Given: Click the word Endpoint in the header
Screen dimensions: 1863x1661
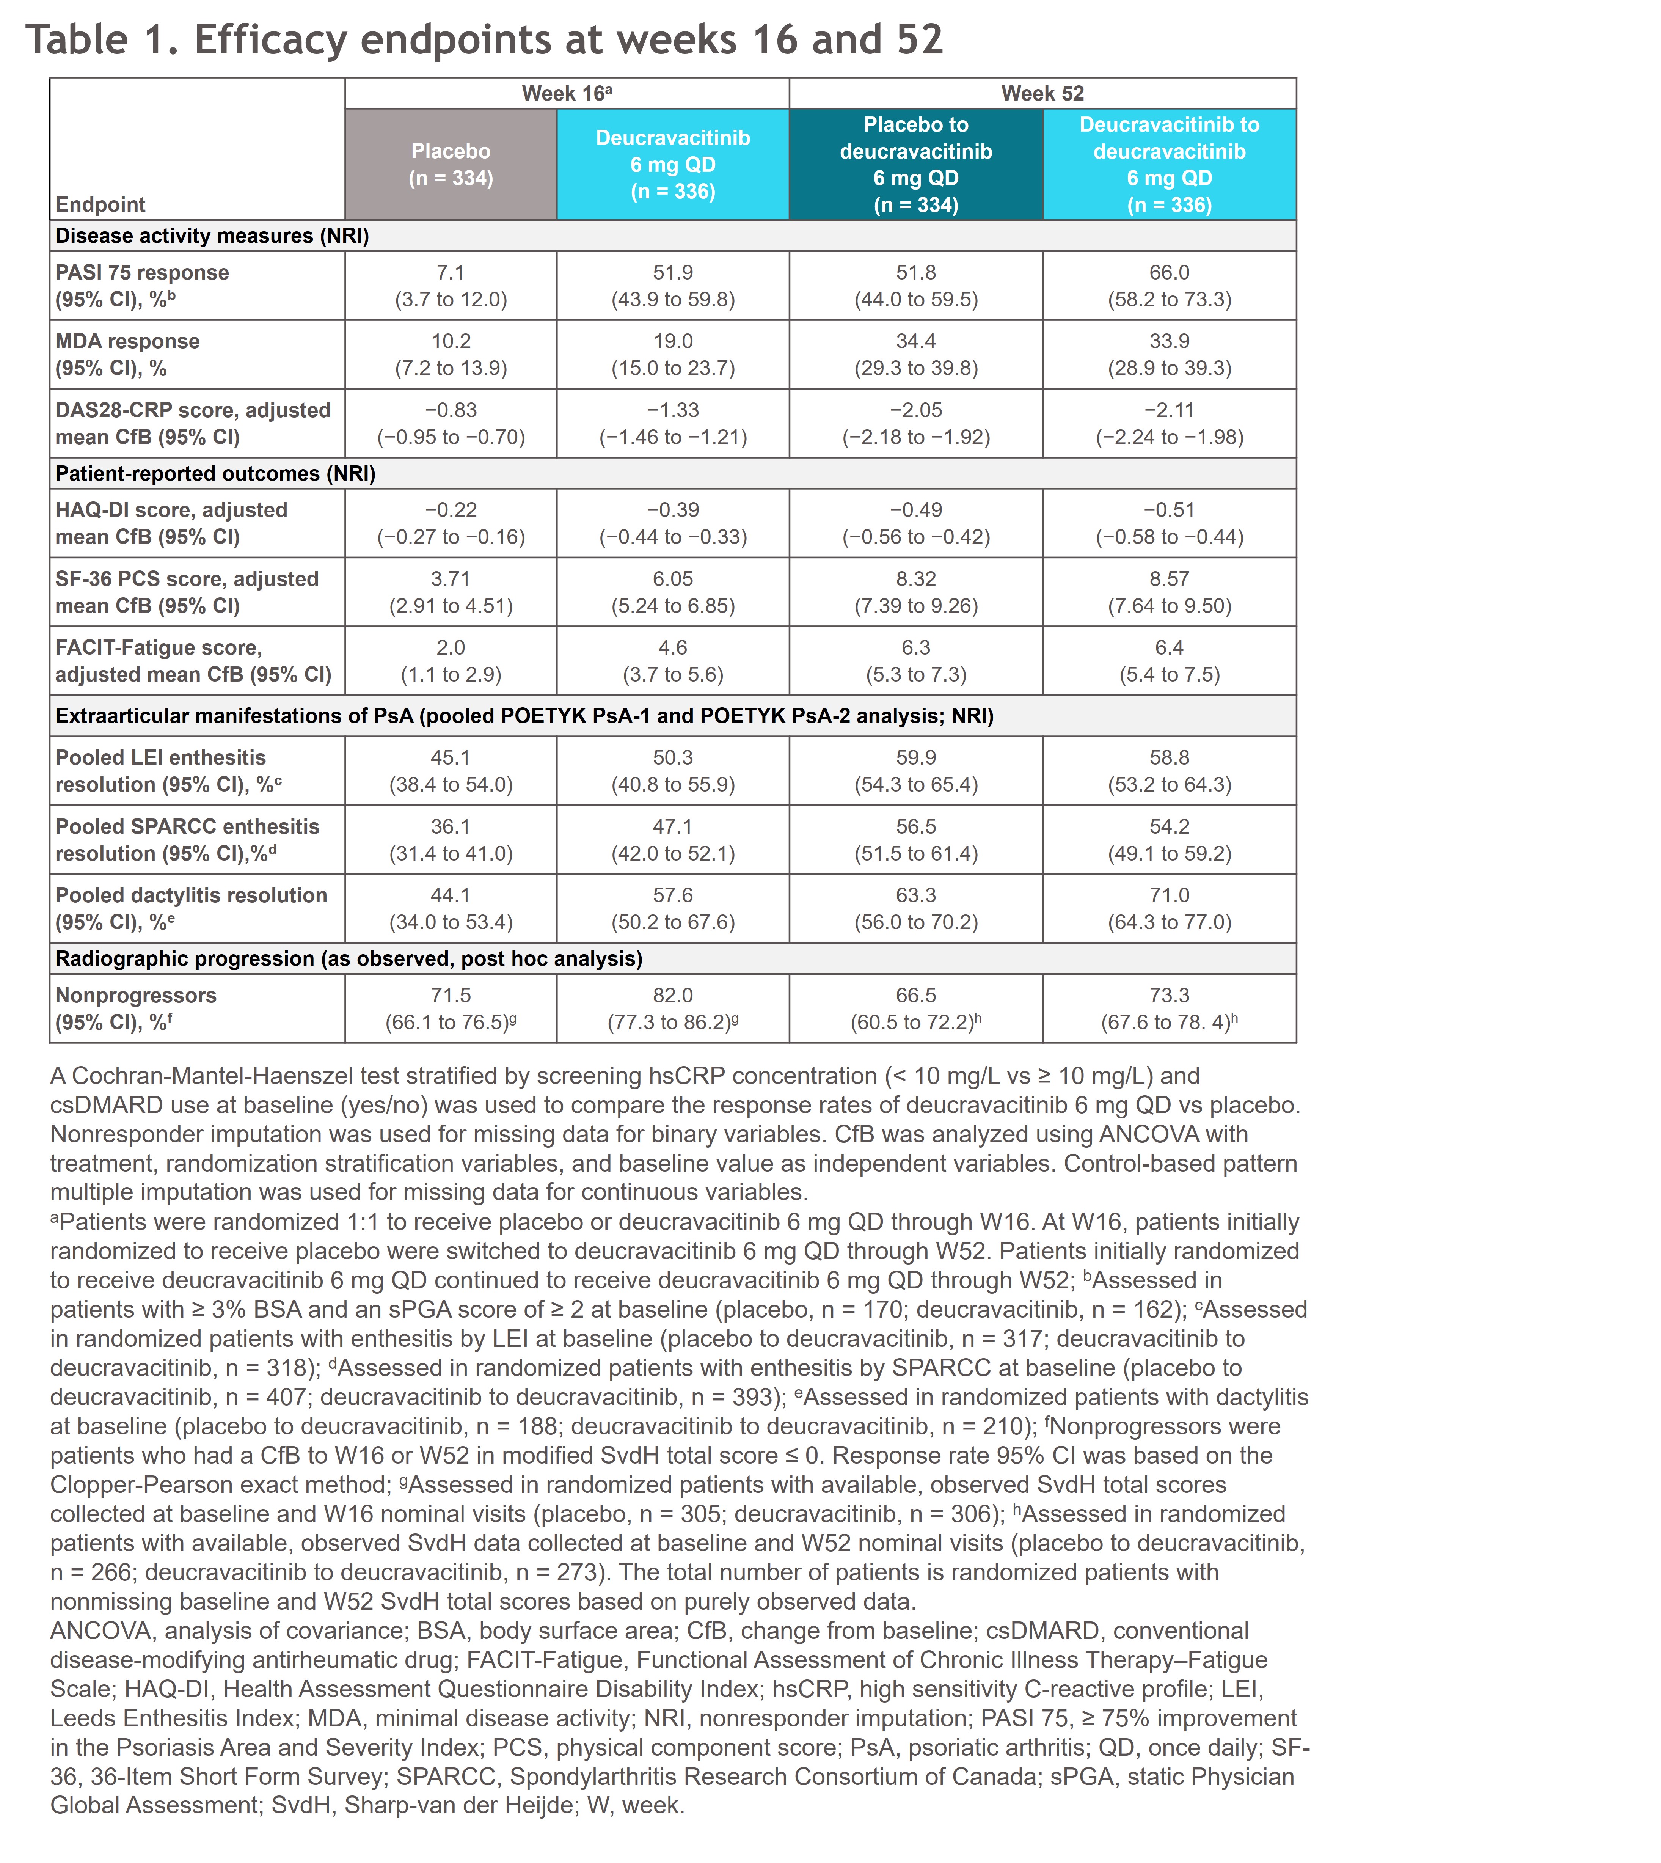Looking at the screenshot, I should [100, 204].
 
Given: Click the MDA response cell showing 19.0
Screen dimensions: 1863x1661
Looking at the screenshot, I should [673, 341].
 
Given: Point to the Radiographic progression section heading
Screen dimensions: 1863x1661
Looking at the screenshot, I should [349, 958].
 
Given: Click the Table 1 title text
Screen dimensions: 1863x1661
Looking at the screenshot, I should [484, 39].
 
